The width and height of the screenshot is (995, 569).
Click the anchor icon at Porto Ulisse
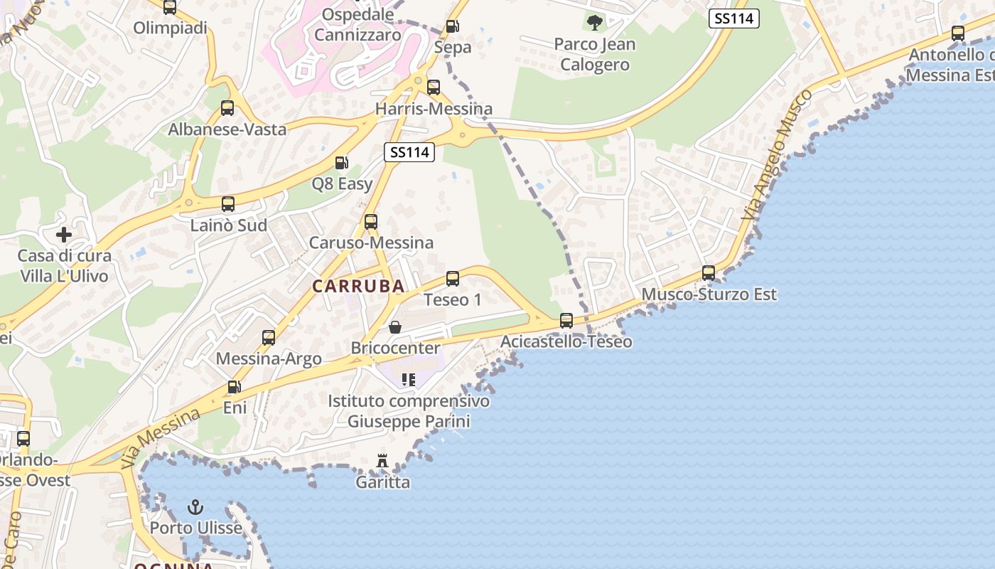pyautogui.click(x=195, y=507)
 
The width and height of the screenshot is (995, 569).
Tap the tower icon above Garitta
pyautogui.click(x=382, y=461)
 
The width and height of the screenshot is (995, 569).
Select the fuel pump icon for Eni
pyautogui.click(x=234, y=387)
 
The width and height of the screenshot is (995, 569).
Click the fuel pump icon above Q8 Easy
pyautogui.click(x=342, y=163)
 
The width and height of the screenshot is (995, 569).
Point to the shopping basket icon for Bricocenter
pyautogui.click(x=395, y=327)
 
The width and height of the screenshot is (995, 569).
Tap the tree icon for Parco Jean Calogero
pyautogui.click(x=594, y=23)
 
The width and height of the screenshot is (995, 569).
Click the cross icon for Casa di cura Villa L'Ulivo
pyautogui.click(x=64, y=234)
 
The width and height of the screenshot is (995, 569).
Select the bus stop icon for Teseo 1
pyautogui.click(x=453, y=279)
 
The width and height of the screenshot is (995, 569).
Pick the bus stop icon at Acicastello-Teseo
pyautogui.click(x=566, y=321)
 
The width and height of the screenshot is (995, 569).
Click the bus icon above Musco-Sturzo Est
pyautogui.click(x=709, y=273)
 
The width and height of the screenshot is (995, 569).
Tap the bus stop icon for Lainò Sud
pyautogui.click(x=228, y=204)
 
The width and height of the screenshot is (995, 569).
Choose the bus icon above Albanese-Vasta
pyautogui.click(x=227, y=108)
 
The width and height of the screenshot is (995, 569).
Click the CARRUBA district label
pyautogui.click(x=358, y=286)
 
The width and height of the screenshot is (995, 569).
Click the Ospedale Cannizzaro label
pyautogui.click(x=358, y=24)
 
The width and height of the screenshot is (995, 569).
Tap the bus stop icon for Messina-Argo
pyautogui.click(x=269, y=338)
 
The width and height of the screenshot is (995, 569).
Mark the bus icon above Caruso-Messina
pyautogui.click(x=371, y=222)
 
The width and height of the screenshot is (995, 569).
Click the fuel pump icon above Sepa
pyautogui.click(x=452, y=27)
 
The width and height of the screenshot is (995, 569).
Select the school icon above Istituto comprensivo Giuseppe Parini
pyautogui.click(x=408, y=380)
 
